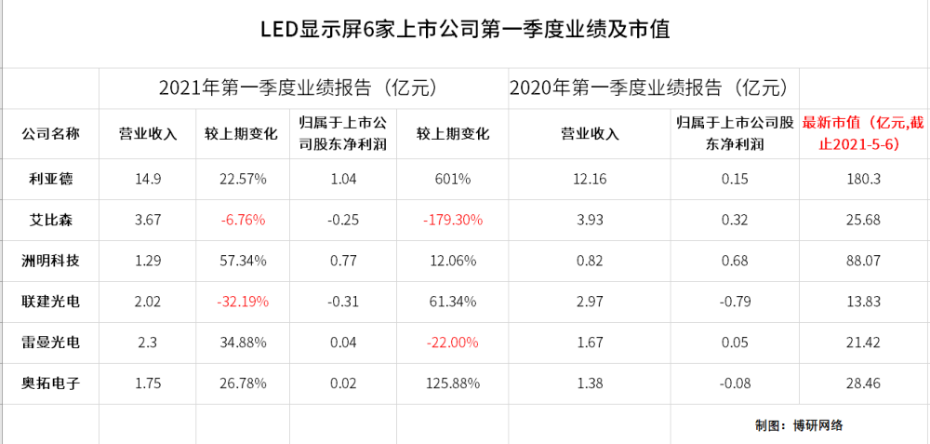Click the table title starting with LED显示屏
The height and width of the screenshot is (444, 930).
click(x=466, y=30)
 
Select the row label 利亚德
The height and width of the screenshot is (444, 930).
click(x=50, y=178)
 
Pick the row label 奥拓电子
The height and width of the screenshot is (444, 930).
click(x=50, y=383)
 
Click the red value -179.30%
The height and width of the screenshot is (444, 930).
click(x=453, y=220)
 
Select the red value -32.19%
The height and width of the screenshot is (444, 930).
click(x=242, y=302)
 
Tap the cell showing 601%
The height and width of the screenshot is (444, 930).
click(x=453, y=179)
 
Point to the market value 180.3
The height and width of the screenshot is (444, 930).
click(x=863, y=179)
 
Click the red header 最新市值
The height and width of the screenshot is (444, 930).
click(x=862, y=133)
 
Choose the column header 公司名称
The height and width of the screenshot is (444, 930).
click(x=50, y=133)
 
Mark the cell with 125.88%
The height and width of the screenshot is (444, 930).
click(x=453, y=383)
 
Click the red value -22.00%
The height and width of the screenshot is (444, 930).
click(x=453, y=343)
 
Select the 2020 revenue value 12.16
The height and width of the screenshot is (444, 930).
click(x=591, y=179)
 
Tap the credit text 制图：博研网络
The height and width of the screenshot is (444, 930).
click(x=799, y=425)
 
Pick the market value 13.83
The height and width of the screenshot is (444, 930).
click(x=863, y=302)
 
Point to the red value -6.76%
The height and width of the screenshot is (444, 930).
click(x=242, y=220)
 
